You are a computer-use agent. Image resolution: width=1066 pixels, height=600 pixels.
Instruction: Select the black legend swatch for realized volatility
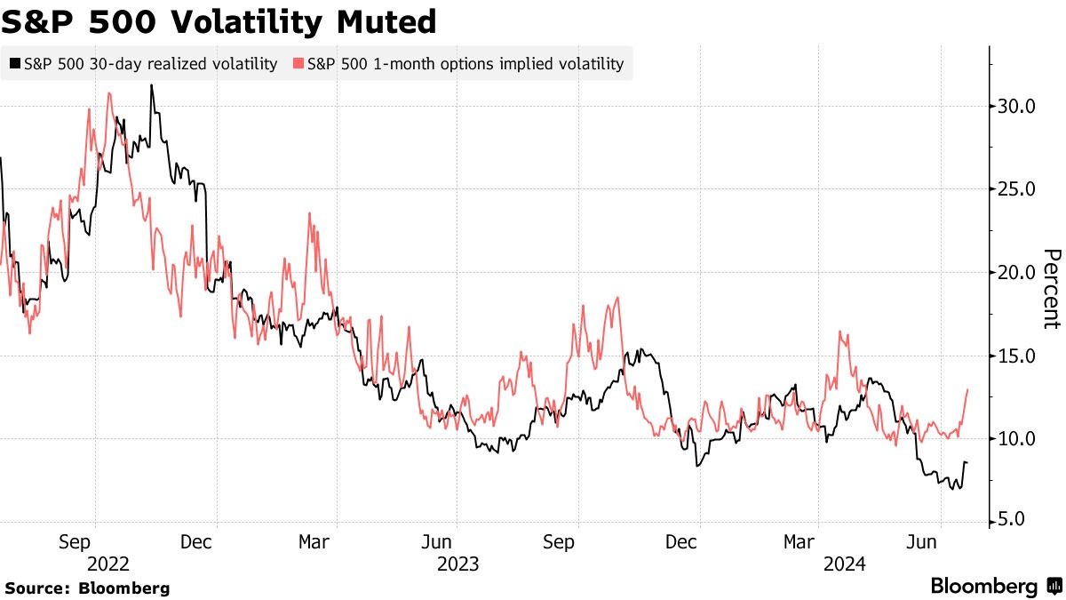click(x=15, y=64)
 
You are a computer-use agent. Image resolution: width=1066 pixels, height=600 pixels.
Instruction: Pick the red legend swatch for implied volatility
click(x=298, y=64)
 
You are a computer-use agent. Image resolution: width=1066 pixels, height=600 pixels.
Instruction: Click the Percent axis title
click(x=1051, y=289)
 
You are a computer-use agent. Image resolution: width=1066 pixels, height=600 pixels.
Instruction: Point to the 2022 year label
click(x=109, y=564)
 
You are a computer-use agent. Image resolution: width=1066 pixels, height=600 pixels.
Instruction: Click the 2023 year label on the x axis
click(x=457, y=564)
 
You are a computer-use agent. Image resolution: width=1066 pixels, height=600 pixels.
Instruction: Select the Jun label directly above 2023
click(x=457, y=540)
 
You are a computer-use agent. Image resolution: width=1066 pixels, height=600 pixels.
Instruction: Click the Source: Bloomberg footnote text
click(x=87, y=588)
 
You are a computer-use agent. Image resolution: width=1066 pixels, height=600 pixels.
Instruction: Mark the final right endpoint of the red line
click(x=967, y=389)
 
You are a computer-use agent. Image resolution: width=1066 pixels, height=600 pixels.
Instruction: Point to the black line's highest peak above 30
click(x=152, y=85)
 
